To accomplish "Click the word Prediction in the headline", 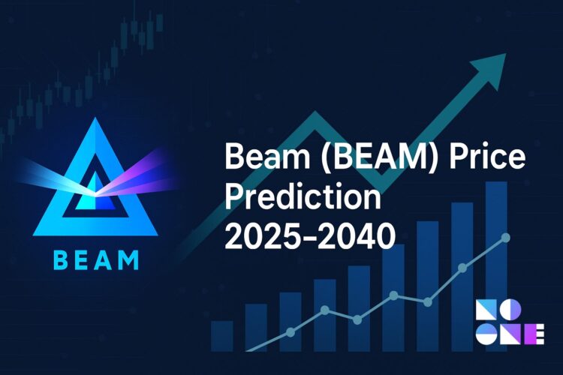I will coord(303,199).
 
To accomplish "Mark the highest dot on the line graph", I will coord(505,238).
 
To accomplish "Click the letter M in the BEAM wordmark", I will coord(128,261).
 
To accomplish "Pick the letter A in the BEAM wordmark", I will coord(105,261).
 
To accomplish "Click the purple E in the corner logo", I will coord(534,335).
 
